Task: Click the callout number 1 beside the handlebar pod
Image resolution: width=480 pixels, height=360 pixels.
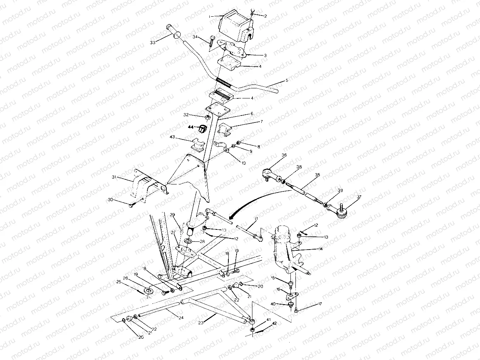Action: tap(210, 17)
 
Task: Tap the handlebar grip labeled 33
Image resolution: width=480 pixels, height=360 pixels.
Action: tap(173, 32)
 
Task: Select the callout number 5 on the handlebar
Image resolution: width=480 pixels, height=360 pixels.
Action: tap(287, 81)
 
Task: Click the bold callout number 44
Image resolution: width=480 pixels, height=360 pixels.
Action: tap(191, 127)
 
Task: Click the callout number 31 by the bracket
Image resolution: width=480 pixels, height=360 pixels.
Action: tap(114, 177)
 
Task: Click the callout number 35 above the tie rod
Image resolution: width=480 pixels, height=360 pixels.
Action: tap(318, 175)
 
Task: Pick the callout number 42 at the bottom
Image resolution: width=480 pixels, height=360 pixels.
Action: tap(274, 323)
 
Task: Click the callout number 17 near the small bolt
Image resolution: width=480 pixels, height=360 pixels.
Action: tap(320, 304)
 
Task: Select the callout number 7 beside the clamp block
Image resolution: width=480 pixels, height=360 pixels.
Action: tap(261, 122)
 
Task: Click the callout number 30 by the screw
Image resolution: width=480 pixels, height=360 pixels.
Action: tap(111, 200)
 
